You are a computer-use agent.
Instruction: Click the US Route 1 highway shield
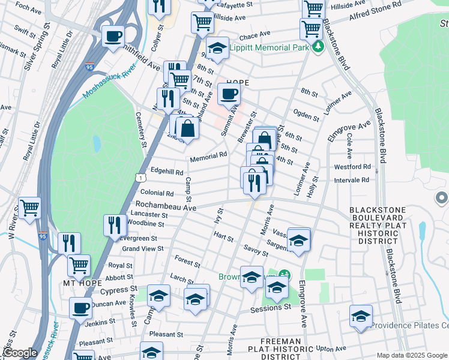[x=139, y=178]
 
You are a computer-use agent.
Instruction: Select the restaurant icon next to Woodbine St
[x=114, y=225]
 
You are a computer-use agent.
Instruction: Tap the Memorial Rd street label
[x=208, y=157]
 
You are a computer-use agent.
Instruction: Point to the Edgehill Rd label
[x=167, y=172]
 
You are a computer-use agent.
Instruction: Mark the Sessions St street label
[x=271, y=307]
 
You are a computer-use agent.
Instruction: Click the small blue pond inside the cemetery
[x=97, y=143]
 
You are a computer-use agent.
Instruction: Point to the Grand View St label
[x=143, y=248]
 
